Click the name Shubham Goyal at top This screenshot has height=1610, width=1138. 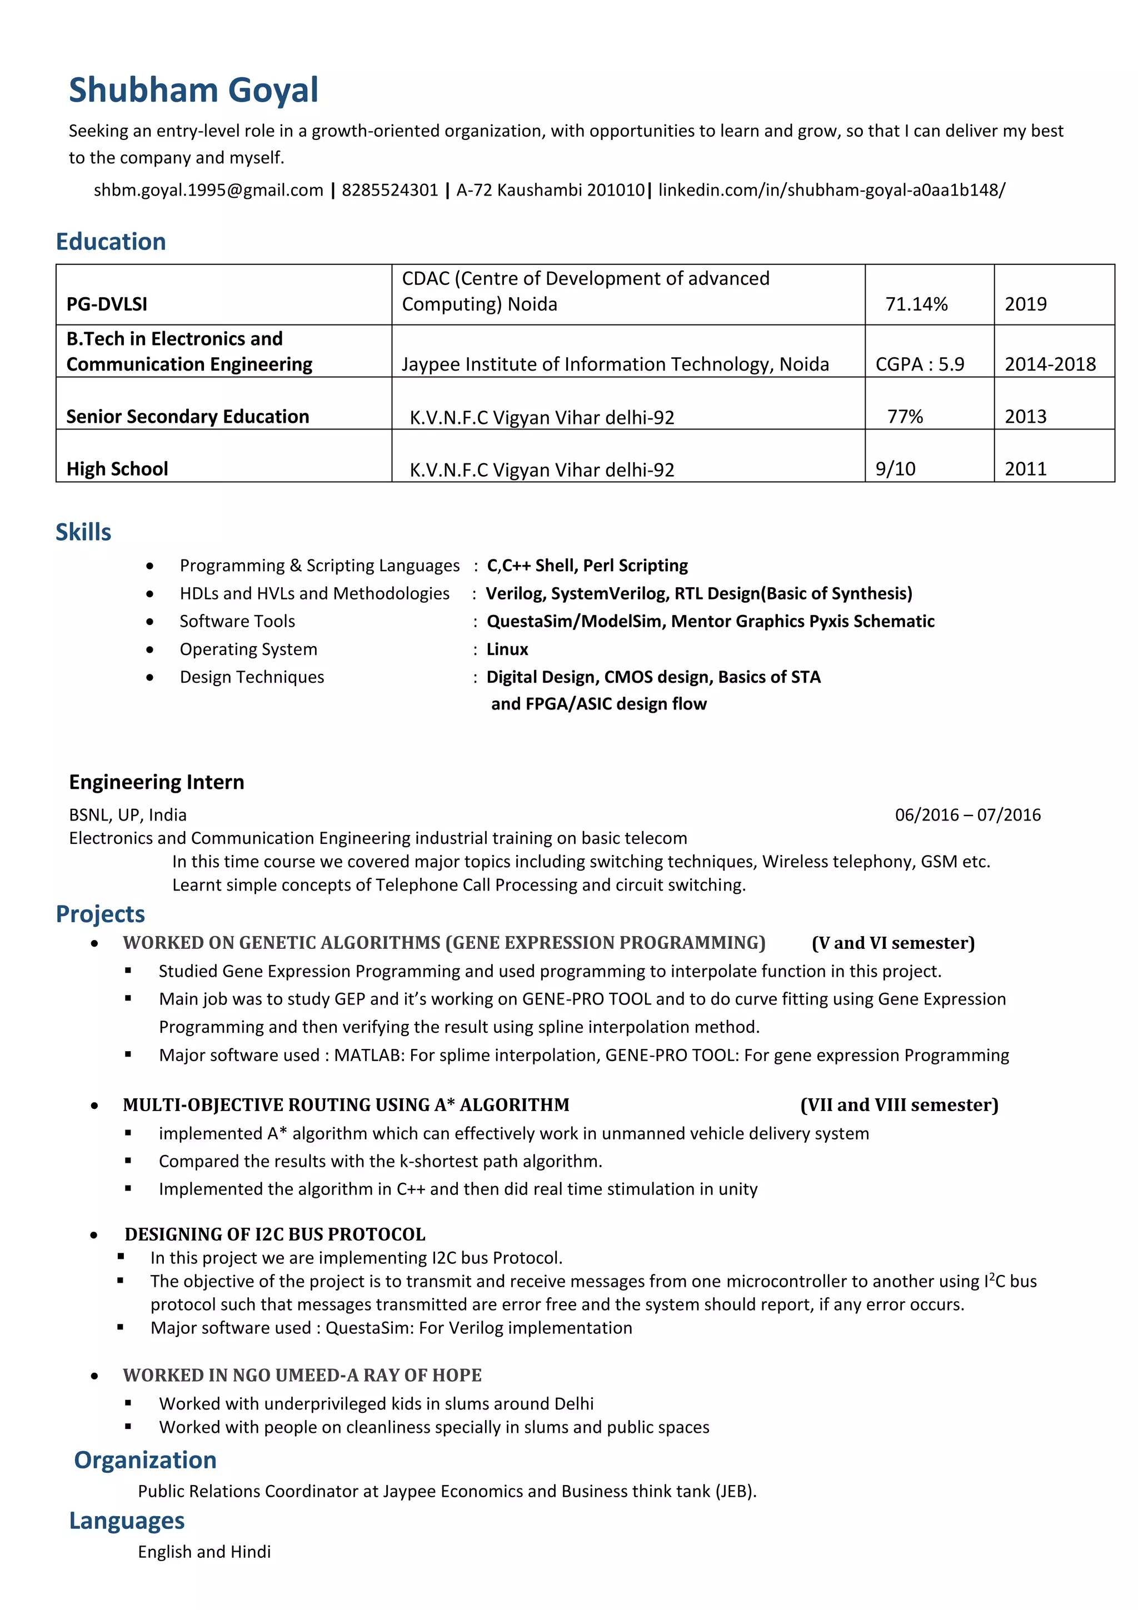click(x=193, y=91)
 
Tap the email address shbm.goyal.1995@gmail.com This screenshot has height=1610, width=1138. click(x=208, y=190)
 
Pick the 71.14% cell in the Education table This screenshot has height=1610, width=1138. click(x=916, y=304)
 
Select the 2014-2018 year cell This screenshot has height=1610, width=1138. click(x=1050, y=364)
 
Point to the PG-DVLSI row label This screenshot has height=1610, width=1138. click(x=107, y=304)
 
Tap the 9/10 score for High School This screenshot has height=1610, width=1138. click(x=895, y=468)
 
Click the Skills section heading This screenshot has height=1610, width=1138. click(x=83, y=532)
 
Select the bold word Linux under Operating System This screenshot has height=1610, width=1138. click(x=507, y=649)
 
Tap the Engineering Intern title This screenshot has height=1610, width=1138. click(x=156, y=781)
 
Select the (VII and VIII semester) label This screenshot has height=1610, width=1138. click(x=899, y=1104)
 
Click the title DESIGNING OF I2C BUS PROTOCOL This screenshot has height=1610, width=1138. click(x=275, y=1233)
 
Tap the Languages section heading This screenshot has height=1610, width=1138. click(x=127, y=1520)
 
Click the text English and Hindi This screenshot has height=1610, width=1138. click(x=204, y=1551)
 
